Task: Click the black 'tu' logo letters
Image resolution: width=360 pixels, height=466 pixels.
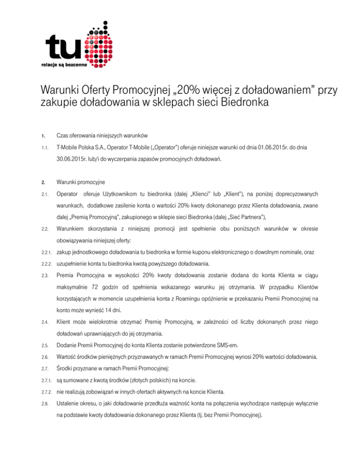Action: (x=62, y=48)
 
